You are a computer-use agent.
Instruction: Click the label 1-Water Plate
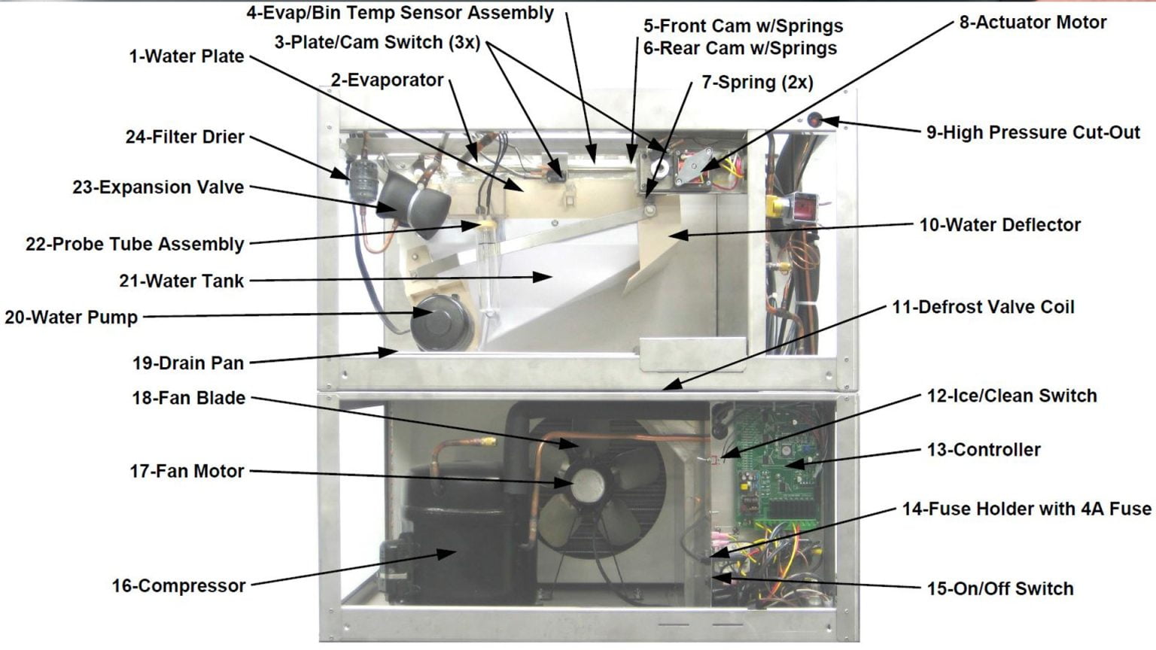[x=186, y=56]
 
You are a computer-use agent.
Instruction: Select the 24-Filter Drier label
[x=184, y=137]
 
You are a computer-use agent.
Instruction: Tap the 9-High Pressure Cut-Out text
[x=1033, y=132]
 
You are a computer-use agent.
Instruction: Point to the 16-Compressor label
[x=178, y=585]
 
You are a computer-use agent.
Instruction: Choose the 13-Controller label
[x=983, y=450]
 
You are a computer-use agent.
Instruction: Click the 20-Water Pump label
[x=71, y=317]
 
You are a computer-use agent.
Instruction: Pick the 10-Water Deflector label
[x=999, y=225]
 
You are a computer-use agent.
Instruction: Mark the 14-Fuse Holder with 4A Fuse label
[x=1026, y=509]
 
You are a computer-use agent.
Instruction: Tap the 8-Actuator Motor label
[x=1032, y=23]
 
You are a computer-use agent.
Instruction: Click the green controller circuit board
[x=775, y=466]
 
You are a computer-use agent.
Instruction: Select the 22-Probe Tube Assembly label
[x=135, y=245]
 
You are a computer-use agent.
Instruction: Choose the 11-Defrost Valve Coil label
[x=982, y=308]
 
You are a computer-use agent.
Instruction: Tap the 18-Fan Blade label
[x=188, y=398]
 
